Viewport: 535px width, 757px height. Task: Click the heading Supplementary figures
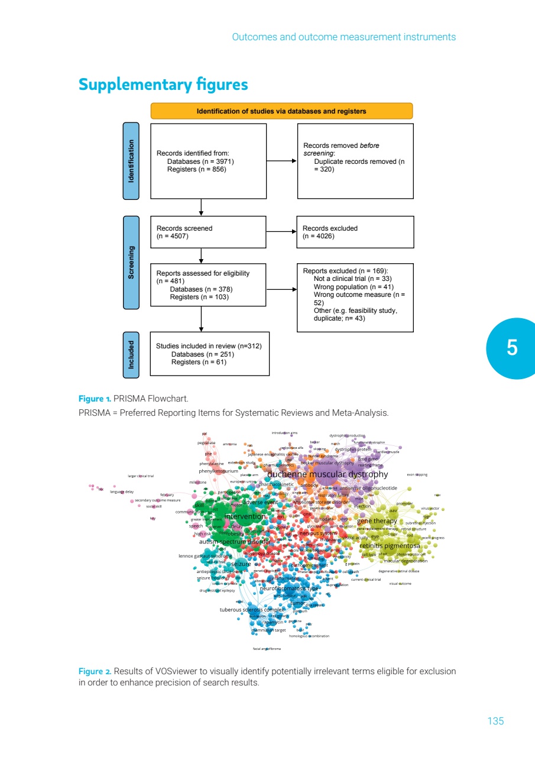163,85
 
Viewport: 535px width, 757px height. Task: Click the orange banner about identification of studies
281,111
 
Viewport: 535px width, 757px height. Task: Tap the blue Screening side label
131,263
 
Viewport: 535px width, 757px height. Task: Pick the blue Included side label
131,354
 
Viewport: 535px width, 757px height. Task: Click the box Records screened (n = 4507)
201,232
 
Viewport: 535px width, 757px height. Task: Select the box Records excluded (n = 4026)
355,232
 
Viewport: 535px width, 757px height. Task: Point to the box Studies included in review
209,354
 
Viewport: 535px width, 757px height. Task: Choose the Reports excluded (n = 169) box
355,298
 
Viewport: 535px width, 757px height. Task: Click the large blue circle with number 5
512,348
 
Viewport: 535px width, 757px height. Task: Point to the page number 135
495,721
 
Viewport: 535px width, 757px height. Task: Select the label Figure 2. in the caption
95,671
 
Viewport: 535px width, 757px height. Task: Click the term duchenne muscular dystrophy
328,474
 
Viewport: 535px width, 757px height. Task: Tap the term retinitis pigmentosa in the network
390,545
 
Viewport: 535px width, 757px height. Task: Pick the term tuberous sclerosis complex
252,609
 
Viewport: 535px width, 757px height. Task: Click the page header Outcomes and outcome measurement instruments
343,37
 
